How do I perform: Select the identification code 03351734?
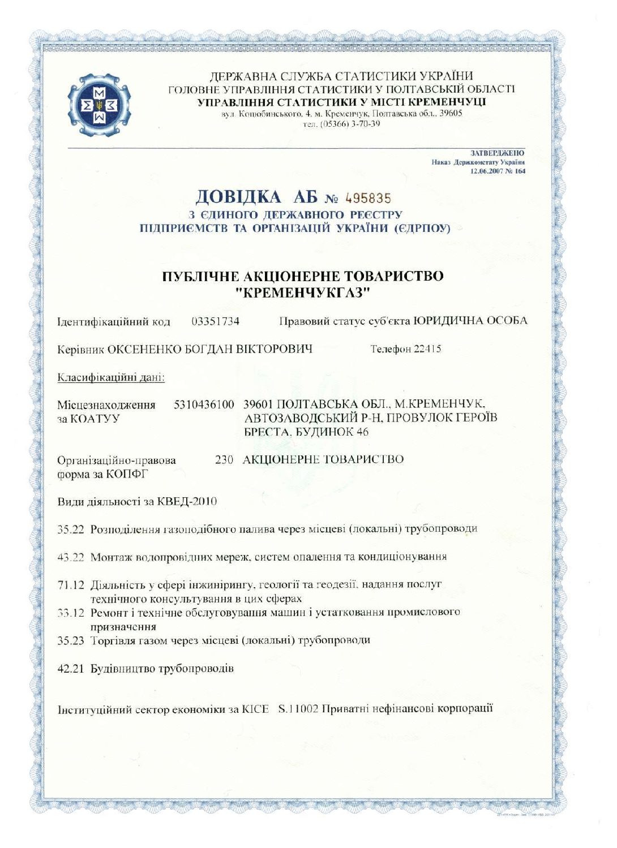click(x=215, y=321)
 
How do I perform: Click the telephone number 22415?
click(x=427, y=348)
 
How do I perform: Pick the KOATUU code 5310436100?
click(x=204, y=404)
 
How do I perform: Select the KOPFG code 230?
click(x=224, y=459)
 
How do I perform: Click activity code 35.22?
click(x=71, y=530)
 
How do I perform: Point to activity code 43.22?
click(x=71, y=557)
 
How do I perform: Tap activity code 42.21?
click(x=71, y=669)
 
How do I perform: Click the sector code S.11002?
click(x=298, y=709)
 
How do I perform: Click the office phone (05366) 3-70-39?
click(x=342, y=124)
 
